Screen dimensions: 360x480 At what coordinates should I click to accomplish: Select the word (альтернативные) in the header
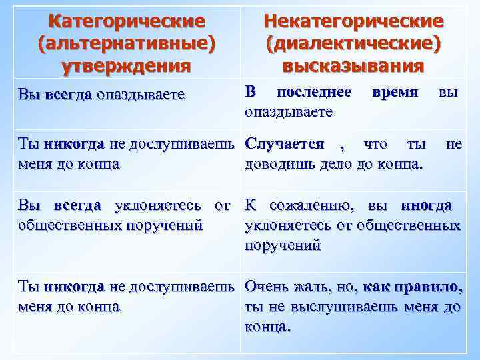pyautogui.click(x=127, y=44)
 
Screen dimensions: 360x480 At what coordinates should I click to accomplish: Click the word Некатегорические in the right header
pyautogui.click(x=353, y=21)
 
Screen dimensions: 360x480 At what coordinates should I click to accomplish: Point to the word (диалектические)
pyautogui.click(x=353, y=44)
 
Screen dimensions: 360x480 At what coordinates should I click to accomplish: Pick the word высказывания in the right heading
pyautogui.click(x=353, y=66)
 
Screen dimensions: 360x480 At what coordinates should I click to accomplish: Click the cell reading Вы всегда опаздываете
pyautogui.click(x=101, y=95)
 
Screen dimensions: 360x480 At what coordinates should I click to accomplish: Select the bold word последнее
pyautogui.click(x=314, y=91)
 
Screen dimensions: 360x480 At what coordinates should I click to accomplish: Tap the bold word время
pyautogui.click(x=396, y=91)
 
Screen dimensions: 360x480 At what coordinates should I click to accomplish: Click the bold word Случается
pyautogui.click(x=285, y=144)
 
